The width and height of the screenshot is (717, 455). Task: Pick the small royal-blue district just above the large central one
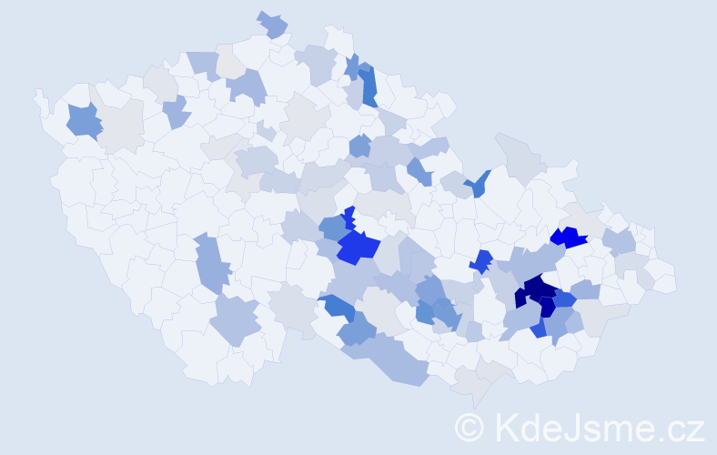[x=348, y=217]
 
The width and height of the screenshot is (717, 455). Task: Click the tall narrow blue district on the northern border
[x=369, y=86]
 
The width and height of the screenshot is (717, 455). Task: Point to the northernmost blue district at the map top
[x=272, y=24]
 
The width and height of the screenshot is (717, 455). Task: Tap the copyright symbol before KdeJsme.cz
[x=470, y=427]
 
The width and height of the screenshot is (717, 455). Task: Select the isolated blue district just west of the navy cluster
[x=481, y=261]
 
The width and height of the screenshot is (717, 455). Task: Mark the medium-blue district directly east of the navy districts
[x=564, y=298]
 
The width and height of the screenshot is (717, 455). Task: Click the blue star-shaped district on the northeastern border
[x=476, y=185]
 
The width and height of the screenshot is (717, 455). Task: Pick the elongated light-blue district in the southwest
[x=211, y=263]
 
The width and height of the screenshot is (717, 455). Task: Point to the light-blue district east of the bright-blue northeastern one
[x=619, y=242]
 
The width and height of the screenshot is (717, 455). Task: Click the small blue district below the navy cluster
[x=540, y=329]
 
